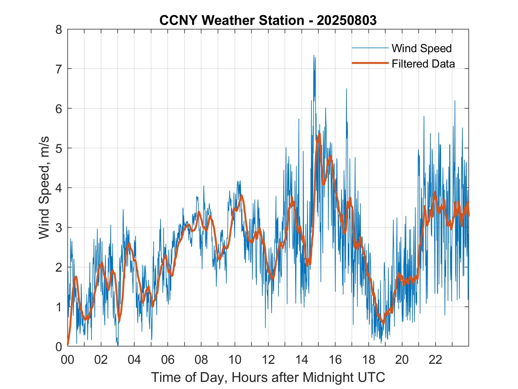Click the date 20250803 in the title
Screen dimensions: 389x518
347,20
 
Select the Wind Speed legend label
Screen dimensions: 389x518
422,48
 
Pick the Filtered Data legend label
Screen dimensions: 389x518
423,64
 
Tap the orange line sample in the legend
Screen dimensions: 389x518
370,63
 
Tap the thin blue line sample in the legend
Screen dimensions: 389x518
370,48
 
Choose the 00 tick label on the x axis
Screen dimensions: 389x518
67,360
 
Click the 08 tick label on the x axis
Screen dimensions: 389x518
201,360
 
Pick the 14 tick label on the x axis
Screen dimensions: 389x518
302,360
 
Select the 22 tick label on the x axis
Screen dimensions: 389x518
435,360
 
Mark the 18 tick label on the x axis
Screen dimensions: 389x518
369,360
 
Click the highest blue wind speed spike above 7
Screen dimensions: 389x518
314,55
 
